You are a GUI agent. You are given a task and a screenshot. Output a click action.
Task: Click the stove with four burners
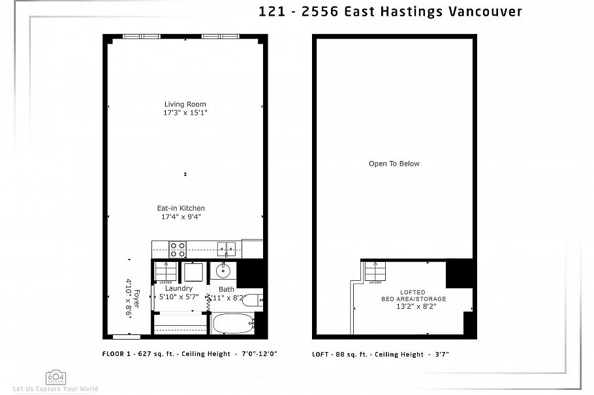pyautogui.click(x=178, y=248)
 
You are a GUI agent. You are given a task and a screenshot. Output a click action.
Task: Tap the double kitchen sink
pyautogui.click(x=227, y=248)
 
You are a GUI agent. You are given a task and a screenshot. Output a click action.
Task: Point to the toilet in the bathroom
pyautogui.click(x=251, y=300)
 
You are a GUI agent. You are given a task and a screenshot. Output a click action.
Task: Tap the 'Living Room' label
pyautogui.click(x=185, y=104)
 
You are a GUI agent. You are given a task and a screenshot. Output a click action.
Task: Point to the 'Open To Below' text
pyautogui.click(x=394, y=164)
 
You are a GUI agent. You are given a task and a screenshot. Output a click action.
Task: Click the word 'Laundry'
pyautogui.click(x=178, y=288)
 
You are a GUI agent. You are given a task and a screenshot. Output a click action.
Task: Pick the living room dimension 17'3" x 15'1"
pyautogui.click(x=185, y=113)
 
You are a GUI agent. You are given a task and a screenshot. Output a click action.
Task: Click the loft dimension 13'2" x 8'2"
pyautogui.click(x=413, y=306)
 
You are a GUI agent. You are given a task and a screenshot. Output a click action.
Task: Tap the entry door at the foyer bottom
pyautogui.click(x=127, y=337)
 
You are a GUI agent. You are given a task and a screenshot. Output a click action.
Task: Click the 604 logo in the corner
pyautogui.click(x=55, y=377)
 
